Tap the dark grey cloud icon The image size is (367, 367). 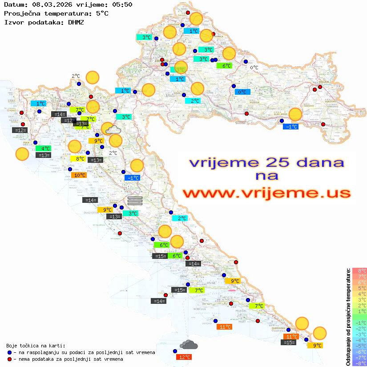[x=189, y=345]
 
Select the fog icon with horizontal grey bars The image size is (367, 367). [x=135, y=201]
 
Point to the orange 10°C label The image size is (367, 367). [x=78, y=175]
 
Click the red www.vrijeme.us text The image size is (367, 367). [x=266, y=194]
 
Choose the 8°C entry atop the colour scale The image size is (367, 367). [x=359, y=270]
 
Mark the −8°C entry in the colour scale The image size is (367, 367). [x=359, y=363]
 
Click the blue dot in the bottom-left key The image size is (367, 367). [x=10, y=352]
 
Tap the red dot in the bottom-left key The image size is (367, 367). [x=10, y=359]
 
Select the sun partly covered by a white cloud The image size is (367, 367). [x=111, y=129]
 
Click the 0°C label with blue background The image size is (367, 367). [x=242, y=92]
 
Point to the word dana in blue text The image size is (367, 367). [x=317, y=162]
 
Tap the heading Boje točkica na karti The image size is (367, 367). [x=36, y=346]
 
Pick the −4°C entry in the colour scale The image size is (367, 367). [x=359, y=340]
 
